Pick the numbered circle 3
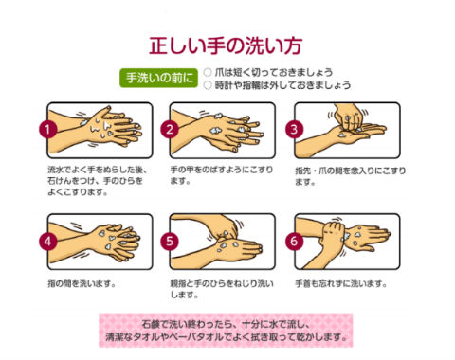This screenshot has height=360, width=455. coord(296,128)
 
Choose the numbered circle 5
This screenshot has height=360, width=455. coord(172,239)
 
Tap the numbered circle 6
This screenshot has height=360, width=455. coord(296,239)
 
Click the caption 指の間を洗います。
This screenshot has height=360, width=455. coord(81,283)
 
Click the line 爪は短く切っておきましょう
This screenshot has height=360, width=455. coord(275,71)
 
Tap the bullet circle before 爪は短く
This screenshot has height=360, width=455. coord(208,71)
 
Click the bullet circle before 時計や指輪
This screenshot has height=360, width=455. coord(208,85)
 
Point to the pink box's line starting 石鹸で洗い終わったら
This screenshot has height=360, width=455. coord(227,323)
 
